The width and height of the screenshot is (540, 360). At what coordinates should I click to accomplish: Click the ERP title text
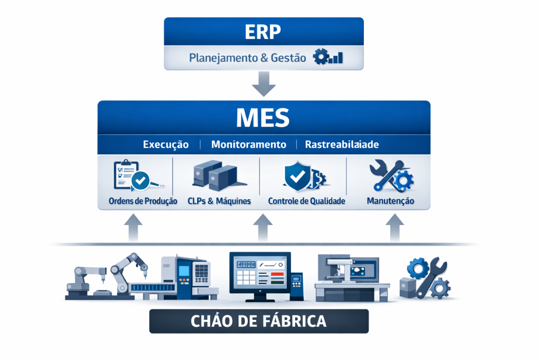[263, 32]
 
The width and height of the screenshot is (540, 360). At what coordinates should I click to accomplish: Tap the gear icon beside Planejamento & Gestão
[321, 56]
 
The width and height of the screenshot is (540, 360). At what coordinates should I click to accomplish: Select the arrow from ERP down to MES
[264, 84]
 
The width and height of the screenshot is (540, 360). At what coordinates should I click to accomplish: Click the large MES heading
[263, 118]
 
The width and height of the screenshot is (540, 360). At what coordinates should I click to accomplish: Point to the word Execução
[166, 144]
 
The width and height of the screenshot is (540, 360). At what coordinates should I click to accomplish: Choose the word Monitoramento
[249, 144]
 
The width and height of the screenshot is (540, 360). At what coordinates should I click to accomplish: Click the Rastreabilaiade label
[342, 144]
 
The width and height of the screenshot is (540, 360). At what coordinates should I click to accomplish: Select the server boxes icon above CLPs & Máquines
[218, 175]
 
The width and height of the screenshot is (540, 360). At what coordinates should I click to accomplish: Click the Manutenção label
[390, 201]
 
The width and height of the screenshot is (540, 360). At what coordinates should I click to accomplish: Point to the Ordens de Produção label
[143, 201]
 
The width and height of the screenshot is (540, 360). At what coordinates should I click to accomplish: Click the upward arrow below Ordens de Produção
[133, 228]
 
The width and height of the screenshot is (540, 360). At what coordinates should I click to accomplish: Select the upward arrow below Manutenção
[394, 228]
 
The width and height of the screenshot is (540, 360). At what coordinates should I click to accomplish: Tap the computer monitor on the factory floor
[260, 276]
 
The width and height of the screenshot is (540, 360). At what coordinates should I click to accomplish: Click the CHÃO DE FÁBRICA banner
[258, 321]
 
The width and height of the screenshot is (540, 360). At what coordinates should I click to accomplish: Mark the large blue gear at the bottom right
[418, 268]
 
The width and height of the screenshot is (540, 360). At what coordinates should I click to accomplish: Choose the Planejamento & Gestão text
[247, 57]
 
